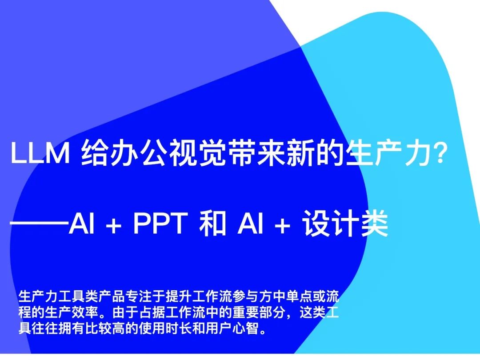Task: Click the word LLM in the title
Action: [x=40, y=153]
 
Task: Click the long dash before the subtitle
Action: [x=40, y=223]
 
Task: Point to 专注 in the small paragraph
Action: [x=139, y=296]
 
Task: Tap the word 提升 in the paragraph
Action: [x=179, y=296]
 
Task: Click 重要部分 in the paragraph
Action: [x=260, y=312]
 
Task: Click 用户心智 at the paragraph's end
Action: [x=232, y=328]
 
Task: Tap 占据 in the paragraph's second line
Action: [x=152, y=312]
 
